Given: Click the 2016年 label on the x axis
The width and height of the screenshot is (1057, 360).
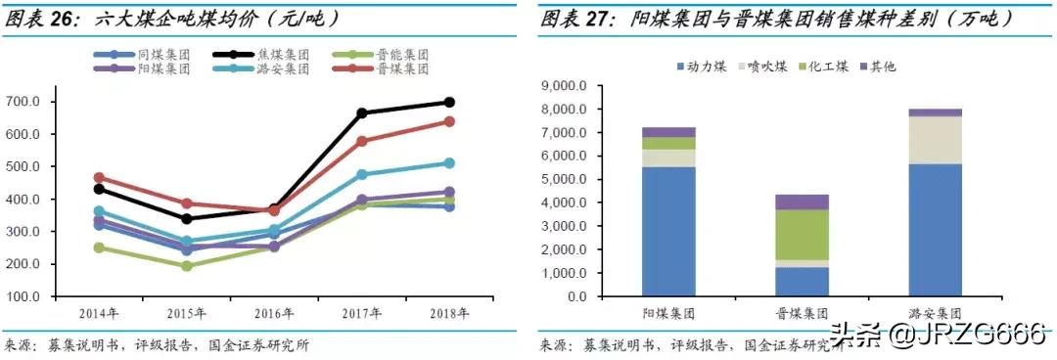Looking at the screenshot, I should coord(275,314).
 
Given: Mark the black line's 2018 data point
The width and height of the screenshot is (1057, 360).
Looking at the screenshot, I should coord(449,102).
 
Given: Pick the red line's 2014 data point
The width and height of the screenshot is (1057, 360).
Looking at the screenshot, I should coord(98,178).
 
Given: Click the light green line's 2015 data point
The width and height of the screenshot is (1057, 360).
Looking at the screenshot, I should coord(186,266).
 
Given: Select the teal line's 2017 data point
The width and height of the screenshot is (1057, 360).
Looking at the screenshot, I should coord(361,174).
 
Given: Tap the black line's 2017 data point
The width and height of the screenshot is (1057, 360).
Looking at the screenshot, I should coord(361,113).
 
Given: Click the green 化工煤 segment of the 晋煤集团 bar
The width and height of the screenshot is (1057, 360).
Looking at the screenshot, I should coord(802,235).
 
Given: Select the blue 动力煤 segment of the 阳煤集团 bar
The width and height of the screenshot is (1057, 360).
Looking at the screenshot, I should coord(668,231).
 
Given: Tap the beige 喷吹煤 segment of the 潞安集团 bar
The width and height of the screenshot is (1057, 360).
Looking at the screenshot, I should coord(936,140).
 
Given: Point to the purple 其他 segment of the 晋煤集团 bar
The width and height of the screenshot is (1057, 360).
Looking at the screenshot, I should coord(802,202).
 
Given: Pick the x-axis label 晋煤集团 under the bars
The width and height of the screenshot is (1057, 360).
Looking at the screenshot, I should coord(802,314).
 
